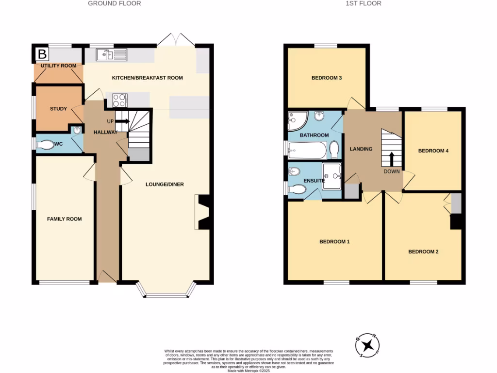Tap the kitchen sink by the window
111,55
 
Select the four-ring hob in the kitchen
120,101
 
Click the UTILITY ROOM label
58,66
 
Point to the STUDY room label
58,109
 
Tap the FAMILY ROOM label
64,219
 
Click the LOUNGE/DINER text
165,185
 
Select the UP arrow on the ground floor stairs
122,121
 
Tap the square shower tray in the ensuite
332,175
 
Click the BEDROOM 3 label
326,78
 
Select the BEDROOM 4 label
433,151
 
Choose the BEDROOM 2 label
423,252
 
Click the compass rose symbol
369,346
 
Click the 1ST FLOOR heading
363,3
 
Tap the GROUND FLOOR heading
115,3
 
